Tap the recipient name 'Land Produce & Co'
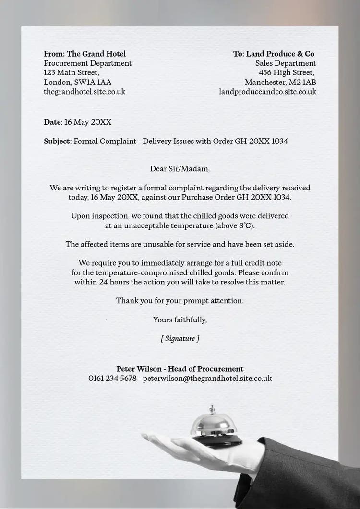(x=280, y=54)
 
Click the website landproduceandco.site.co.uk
(x=267, y=91)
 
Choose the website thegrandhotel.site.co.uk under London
(x=84, y=91)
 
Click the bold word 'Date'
(x=52, y=122)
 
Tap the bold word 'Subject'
(x=57, y=142)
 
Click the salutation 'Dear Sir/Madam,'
(x=180, y=169)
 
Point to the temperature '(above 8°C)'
(x=235, y=225)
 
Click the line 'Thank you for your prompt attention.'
(x=180, y=301)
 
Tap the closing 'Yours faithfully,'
(x=180, y=320)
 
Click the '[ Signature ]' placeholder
(x=180, y=339)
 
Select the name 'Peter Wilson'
(x=139, y=369)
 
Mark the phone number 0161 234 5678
(x=112, y=379)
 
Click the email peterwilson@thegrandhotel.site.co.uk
(x=207, y=379)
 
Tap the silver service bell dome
(x=212, y=425)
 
